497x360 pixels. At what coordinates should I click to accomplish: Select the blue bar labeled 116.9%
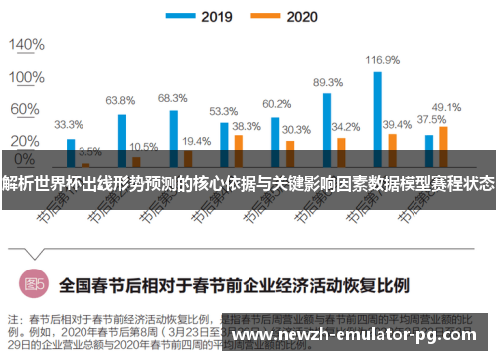pyautogui.click(x=377, y=109)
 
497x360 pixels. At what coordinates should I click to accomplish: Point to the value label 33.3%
pyautogui.click(x=69, y=125)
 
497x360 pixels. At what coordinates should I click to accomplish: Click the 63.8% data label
pyautogui.click(x=120, y=100)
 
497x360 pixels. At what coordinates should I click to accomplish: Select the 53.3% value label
pyautogui.click(x=223, y=111)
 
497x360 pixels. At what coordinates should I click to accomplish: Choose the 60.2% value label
pyautogui.click(x=276, y=104)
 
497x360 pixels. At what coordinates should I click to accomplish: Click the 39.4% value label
pyautogui.click(x=397, y=124)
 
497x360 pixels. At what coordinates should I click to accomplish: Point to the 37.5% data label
pyautogui.click(x=430, y=119)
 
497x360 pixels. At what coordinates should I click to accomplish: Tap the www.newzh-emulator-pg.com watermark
pyautogui.click(x=362, y=336)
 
